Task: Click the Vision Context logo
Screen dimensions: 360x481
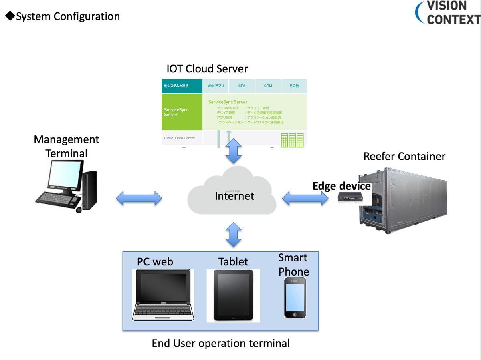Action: click(448, 12)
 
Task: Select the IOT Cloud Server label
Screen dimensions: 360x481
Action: click(207, 69)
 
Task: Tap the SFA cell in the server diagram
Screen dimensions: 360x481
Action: click(242, 86)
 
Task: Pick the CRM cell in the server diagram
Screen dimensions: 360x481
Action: click(268, 86)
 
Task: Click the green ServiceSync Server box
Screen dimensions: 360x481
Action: click(182, 112)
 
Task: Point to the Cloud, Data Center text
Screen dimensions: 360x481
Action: click(180, 138)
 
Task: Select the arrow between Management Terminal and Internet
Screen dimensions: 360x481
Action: click(139, 198)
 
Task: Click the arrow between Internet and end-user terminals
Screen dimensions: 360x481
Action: click(234, 235)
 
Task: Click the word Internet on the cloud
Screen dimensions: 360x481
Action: click(234, 196)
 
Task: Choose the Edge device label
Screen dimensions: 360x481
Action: click(342, 186)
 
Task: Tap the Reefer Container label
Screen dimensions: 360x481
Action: click(404, 156)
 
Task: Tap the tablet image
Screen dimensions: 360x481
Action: click(233, 295)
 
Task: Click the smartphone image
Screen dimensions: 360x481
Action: click(295, 298)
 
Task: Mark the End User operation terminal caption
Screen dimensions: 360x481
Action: click(220, 343)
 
